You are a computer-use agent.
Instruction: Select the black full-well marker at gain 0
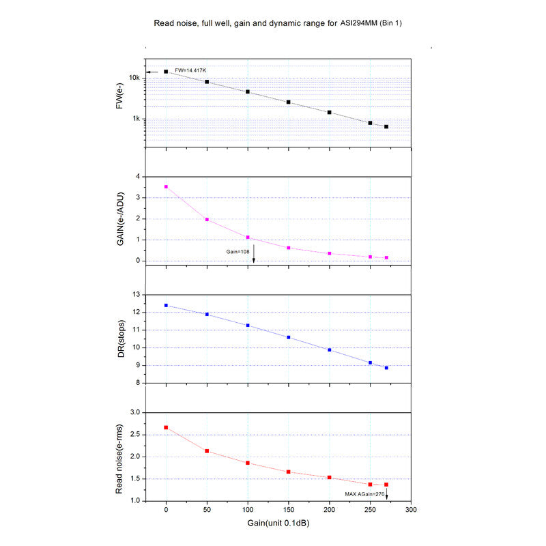(x=166, y=71)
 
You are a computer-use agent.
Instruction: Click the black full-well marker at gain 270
(x=386, y=127)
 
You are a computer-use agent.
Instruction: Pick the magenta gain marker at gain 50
(x=207, y=220)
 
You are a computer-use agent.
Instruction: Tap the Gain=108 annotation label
(x=240, y=251)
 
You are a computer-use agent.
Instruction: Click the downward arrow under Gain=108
(x=253, y=257)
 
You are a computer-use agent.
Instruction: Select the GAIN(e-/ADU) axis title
(x=120, y=219)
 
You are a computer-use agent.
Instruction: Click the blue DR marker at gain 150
(x=289, y=337)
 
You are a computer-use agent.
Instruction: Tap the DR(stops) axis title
(x=120, y=338)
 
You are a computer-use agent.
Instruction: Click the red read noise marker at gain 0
(x=166, y=427)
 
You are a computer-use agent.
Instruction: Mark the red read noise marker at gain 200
(x=330, y=478)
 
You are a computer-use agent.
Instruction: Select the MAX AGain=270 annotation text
(x=364, y=493)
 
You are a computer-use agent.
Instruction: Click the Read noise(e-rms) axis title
(x=120, y=456)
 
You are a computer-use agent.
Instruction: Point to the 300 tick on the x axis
(x=411, y=510)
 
